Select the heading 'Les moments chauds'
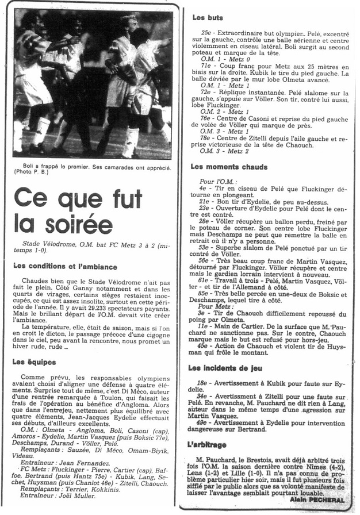229,167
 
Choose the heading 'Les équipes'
34,362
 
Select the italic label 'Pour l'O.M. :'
210,181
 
